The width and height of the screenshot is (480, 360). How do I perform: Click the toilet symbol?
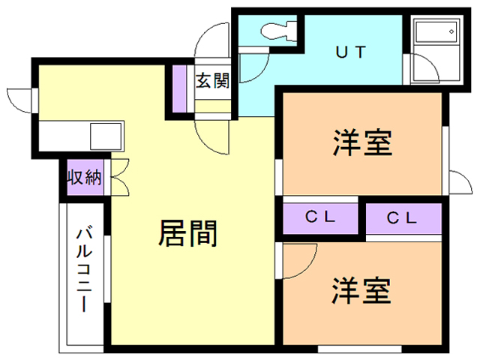pos(278,31)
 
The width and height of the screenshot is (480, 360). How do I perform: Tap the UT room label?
pos(351,52)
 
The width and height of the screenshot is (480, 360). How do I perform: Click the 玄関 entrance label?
pos(212,81)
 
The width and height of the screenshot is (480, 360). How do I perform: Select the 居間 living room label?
pos(187,233)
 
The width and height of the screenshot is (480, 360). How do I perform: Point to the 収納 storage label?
pos(85,177)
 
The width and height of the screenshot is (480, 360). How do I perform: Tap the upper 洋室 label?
pos(363,143)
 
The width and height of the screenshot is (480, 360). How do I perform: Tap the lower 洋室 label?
pos(361,290)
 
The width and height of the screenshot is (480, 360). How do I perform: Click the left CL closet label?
pos(320,217)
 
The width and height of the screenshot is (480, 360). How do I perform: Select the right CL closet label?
pos(402,218)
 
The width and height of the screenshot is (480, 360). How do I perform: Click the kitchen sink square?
pos(106,136)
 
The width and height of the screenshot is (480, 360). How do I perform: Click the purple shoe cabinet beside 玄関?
pos(179,88)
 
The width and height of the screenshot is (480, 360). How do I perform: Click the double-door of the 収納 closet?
pos(120,177)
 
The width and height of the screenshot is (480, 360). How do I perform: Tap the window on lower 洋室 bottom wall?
pos(359,349)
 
